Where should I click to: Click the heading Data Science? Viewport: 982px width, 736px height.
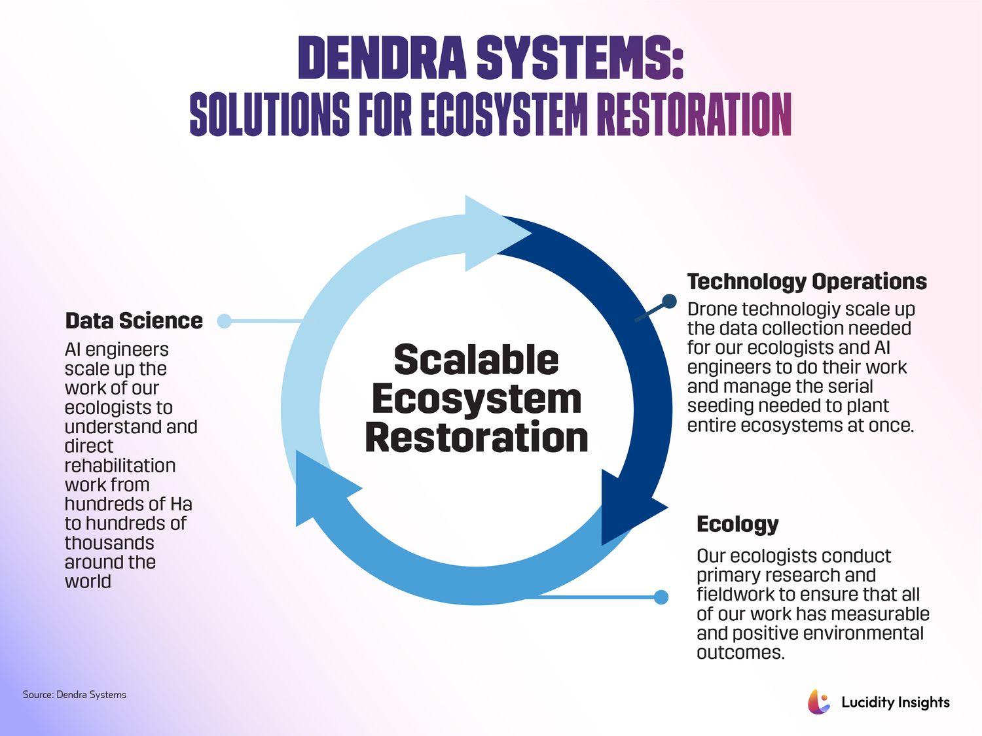(x=134, y=321)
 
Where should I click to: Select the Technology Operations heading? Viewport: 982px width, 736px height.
(x=807, y=281)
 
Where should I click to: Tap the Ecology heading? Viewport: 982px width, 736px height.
(x=737, y=524)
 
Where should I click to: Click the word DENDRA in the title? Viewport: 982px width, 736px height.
(x=382, y=58)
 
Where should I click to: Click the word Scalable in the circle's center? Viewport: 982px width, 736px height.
(x=476, y=359)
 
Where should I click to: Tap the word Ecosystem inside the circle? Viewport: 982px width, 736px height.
(x=476, y=398)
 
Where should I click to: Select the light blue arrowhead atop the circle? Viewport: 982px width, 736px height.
(x=491, y=233)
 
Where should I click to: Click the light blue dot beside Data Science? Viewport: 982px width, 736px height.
(x=224, y=321)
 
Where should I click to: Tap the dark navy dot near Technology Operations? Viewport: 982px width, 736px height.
(x=668, y=301)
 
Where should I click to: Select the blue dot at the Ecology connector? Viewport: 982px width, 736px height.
(x=661, y=597)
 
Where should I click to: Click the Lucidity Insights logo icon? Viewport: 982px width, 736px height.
(x=818, y=702)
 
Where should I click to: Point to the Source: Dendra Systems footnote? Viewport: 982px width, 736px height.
(x=74, y=695)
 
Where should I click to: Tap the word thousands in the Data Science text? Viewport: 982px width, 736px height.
(x=109, y=543)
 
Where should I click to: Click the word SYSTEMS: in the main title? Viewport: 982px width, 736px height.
(x=580, y=58)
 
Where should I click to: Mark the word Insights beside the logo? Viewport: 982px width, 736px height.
(x=924, y=703)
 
